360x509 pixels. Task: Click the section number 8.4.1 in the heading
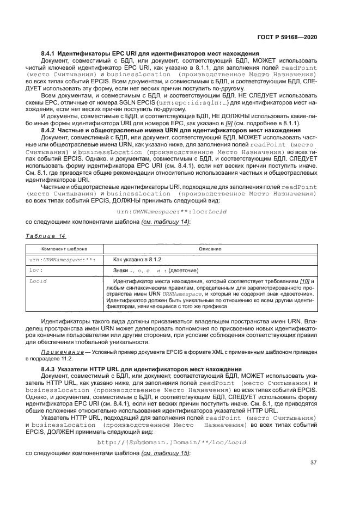[50, 53]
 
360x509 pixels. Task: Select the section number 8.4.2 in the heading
[50, 131]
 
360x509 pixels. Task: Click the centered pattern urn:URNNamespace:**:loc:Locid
[172, 211]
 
